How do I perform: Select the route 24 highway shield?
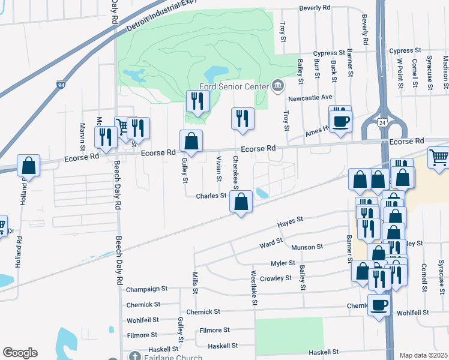382,123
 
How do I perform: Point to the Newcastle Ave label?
310,97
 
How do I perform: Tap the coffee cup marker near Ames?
341,121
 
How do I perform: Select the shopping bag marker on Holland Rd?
28,165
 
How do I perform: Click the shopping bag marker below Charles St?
241,202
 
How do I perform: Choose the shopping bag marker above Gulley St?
191,141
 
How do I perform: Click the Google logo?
20,353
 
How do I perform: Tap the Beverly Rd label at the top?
315,8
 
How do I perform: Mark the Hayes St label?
289,223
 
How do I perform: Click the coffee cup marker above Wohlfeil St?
379,305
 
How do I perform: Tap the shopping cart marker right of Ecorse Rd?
438,157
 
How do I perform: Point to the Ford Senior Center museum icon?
277,85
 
